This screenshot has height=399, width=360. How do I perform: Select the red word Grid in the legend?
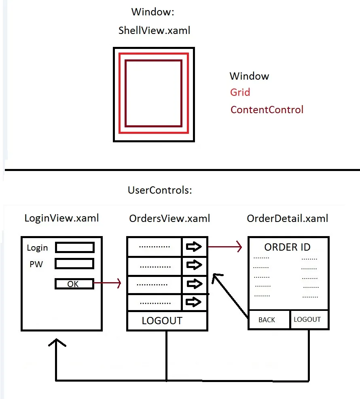[x=240, y=93]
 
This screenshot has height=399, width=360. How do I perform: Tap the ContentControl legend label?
[x=267, y=110]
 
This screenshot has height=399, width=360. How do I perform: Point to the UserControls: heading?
[x=160, y=190]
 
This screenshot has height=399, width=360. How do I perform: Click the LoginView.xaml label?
[x=61, y=219]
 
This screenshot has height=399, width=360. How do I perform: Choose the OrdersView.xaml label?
[x=170, y=219]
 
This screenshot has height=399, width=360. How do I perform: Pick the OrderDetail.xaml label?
[x=288, y=219]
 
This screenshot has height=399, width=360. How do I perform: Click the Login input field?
[x=75, y=247]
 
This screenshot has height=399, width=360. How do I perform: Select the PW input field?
[x=75, y=264]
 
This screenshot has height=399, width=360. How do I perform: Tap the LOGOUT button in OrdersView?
[x=163, y=321]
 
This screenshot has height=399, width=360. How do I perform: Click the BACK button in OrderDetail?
[x=267, y=320]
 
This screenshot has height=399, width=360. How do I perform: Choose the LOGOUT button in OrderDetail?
[x=307, y=319]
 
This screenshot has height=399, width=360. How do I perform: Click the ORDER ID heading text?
[x=288, y=247]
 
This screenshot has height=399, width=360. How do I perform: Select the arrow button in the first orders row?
[x=195, y=246]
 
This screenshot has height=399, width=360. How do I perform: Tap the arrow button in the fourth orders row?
[x=195, y=302]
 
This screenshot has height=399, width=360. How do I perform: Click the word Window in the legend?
[x=249, y=76]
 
